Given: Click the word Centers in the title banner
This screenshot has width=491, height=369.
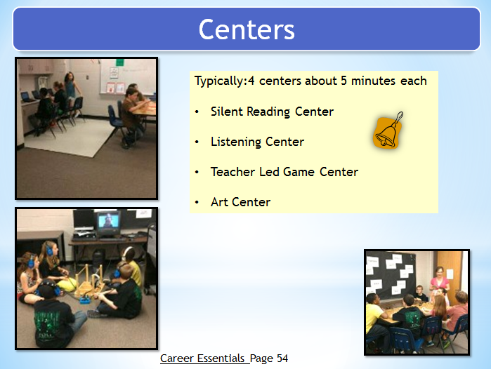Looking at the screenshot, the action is (x=247, y=29).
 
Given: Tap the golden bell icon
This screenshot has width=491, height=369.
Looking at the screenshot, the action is (x=388, y=131).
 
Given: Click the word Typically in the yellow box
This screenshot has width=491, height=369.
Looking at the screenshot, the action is (x=219, y=81).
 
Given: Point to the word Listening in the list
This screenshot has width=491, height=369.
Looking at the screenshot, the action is (x=235, y=142).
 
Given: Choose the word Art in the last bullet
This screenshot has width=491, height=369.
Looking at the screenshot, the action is (x=219, y=202).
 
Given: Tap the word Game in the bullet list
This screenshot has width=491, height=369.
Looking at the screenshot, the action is (x=299, y=172).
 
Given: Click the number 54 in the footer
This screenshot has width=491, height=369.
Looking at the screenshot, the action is (x=282, y=358).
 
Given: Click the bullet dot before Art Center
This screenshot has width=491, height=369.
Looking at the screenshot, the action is (x=197, y=202).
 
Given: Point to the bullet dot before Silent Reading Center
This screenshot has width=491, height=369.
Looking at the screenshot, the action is (x=197, y=112).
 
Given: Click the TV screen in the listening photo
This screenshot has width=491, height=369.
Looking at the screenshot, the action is (x=108, y=222).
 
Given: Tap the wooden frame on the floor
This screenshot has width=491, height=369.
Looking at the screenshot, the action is (x=89, y=281).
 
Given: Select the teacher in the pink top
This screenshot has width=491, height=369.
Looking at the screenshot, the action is (x=440, y=279).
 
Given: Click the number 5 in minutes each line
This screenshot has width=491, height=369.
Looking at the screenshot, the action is (x=343, y=81).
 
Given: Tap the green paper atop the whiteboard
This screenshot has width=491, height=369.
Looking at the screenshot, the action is (x=119, y=62).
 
